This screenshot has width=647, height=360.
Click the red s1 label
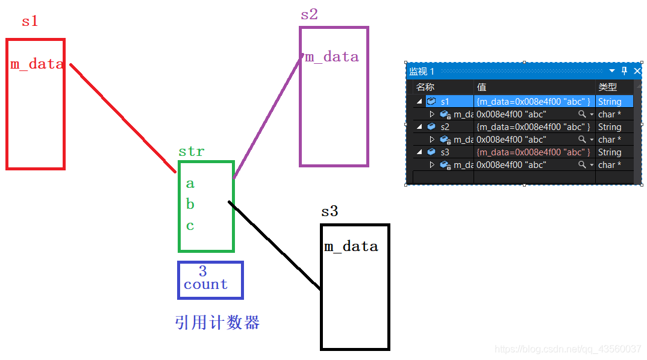point(30,21)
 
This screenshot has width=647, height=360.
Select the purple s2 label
point(309,14)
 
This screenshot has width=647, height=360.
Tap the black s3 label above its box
point(330,211)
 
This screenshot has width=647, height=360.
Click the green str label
point(191,152)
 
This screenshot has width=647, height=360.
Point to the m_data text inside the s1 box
point(37,64)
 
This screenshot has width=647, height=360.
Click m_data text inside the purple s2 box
point(332,57)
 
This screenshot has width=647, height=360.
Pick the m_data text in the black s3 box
point(351,246)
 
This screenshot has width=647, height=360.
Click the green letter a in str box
point(190,184)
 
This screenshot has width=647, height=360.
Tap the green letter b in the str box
point(190,205)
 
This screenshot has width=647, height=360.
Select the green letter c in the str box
point(190,226)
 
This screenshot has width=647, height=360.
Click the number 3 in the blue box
point(203,272)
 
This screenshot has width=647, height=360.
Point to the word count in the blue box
point(205,285)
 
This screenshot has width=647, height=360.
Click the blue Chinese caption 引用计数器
point(217,323)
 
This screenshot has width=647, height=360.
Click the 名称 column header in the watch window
point(425,87)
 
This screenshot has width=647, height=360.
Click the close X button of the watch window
point(637,71)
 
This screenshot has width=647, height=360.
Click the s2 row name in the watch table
point(445,127)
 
